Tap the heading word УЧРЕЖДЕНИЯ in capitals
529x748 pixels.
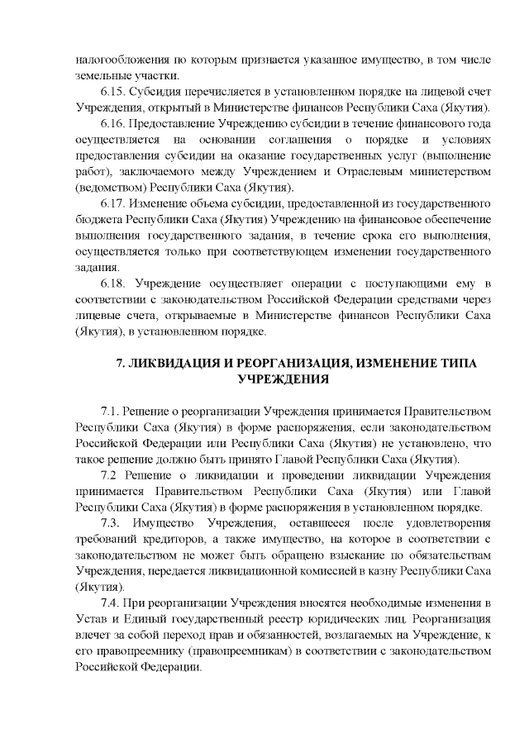pos(283,379)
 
